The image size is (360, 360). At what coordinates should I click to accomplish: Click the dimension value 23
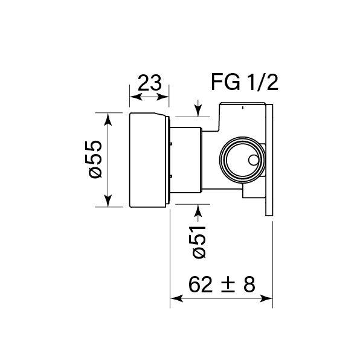[149, 82]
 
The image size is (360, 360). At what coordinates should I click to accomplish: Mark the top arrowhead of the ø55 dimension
[109, 117]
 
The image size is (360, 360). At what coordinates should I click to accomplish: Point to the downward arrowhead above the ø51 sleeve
[199, 110]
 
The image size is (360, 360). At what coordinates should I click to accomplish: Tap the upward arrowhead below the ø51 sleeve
[199, 209]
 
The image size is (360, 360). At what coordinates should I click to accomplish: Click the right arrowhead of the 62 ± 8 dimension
[270, 298]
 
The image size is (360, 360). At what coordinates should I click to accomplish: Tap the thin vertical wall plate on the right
[270, 160]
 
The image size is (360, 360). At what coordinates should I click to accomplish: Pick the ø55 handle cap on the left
[147, 160]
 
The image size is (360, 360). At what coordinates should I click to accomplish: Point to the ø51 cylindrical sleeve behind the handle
[187, 160]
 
